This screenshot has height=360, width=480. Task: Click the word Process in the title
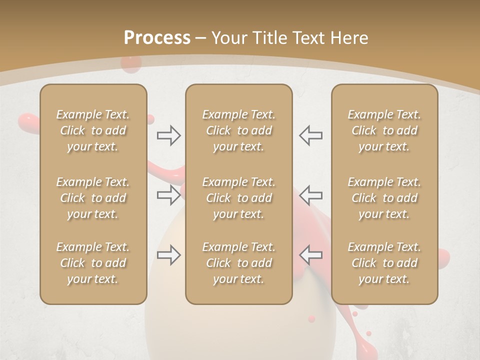pos(157,38)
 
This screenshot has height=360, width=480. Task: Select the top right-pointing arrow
pos(168,135)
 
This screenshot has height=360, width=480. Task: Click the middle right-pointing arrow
pos(168,195)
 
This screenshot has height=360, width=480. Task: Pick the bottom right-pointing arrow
pos(168,255)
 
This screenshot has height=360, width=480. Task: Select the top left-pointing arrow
pos(310,135)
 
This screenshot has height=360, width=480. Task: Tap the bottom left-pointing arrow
pos(310,254)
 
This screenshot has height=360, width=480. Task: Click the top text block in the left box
pos(93,130)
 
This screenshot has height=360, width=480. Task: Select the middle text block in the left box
pos(93,198)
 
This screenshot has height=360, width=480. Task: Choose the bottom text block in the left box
pos(93,263)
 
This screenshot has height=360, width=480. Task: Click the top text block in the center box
pos(239,130)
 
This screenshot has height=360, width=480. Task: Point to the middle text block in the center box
pos(239,198)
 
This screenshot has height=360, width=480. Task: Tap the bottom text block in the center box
pos(239,263)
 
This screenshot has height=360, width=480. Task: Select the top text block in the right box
pos(384,130)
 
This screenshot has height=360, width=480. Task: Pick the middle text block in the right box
pos(384,198)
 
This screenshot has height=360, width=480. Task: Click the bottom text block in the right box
pos(384,263)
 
